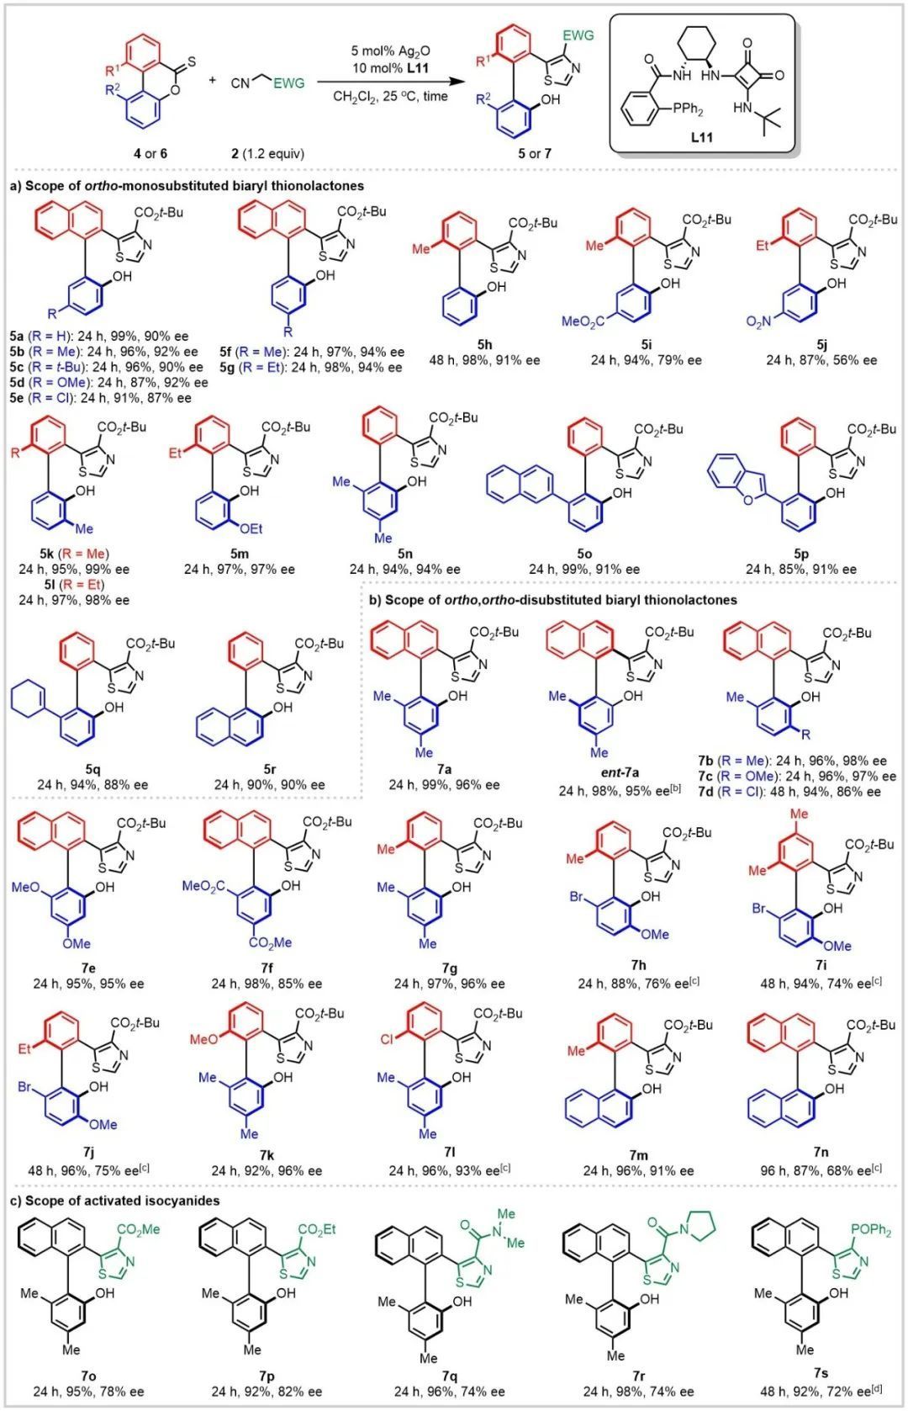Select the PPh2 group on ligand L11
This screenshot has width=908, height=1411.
(x=684, y=110)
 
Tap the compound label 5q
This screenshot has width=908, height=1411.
(x=92, y=769)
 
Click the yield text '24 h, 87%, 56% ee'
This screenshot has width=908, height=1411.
(x=821, y=360)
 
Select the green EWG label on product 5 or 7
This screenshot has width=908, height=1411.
(x=578, y=35)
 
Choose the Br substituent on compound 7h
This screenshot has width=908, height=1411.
(x=577, y=898)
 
